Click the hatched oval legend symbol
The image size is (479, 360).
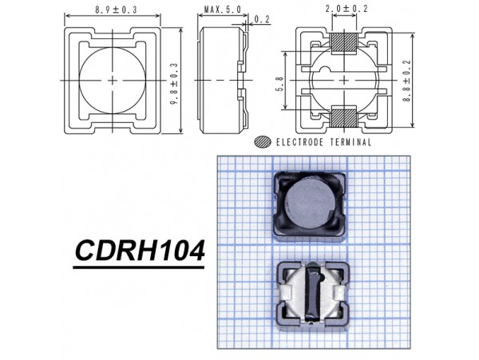(x=261, y=142)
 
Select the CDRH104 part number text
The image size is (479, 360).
(x=140, y=253)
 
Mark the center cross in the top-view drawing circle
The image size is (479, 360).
(x=113, y=80)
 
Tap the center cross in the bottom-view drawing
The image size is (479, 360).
(x=343, y=80)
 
